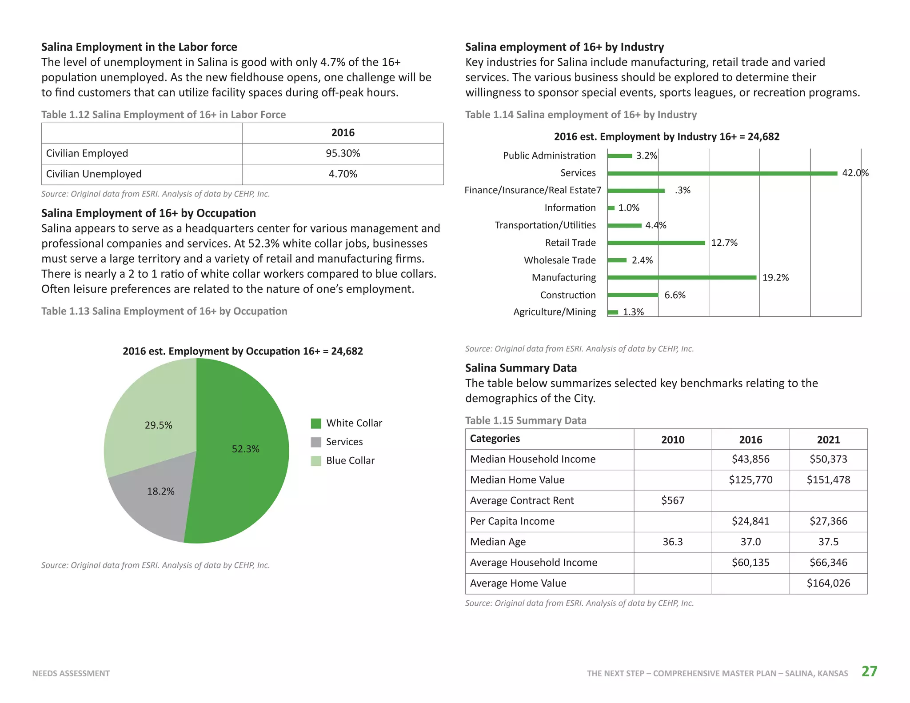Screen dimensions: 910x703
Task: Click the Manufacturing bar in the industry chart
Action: click(x=682, y=277)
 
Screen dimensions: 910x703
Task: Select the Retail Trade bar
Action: click(x=656, y=243)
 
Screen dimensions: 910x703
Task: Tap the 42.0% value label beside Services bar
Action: click(x=855, y=173)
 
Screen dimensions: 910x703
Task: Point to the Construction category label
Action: click(x=568, y=295)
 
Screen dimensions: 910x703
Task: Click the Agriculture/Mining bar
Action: click(x=613, y=312)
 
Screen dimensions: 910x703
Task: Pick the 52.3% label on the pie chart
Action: click(x=245, y=449)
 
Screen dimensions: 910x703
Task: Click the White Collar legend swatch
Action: click(x=316, y=423)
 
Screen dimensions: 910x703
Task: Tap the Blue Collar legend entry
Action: click(x=343, y=461)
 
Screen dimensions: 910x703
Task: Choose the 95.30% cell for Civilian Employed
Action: click(x=343, y=153)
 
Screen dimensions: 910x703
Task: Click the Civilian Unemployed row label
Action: click(x=94, y=174)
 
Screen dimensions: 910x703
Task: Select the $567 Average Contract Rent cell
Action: click(x=673, y=501)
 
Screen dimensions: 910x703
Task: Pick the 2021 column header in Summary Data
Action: click(x=828, y=439)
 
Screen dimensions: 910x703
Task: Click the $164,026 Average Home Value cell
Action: click(x=828, y=583)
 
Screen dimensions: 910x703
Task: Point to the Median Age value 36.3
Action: click(x=673, y=542)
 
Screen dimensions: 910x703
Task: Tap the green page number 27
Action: click(x=870, y=671)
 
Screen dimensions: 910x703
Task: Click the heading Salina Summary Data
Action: click(x=521, y=368)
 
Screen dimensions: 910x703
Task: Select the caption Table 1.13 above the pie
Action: click(x=164, y=311)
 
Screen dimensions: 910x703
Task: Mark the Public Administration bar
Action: click(x=619, y=156)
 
